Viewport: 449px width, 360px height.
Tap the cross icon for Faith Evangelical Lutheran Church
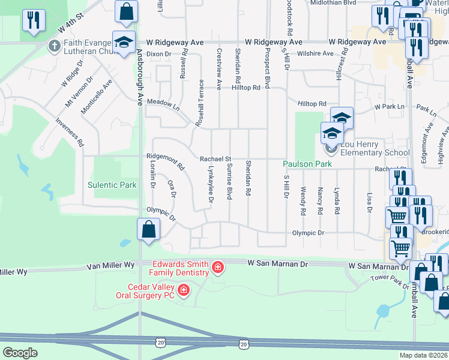coord(54,45)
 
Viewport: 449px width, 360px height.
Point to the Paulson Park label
coord(307,164)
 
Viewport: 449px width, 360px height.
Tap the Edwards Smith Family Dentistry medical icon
coord(218,266)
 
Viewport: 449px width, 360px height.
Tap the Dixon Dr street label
coord(159,54)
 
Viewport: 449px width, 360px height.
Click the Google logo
coord(20,353)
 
